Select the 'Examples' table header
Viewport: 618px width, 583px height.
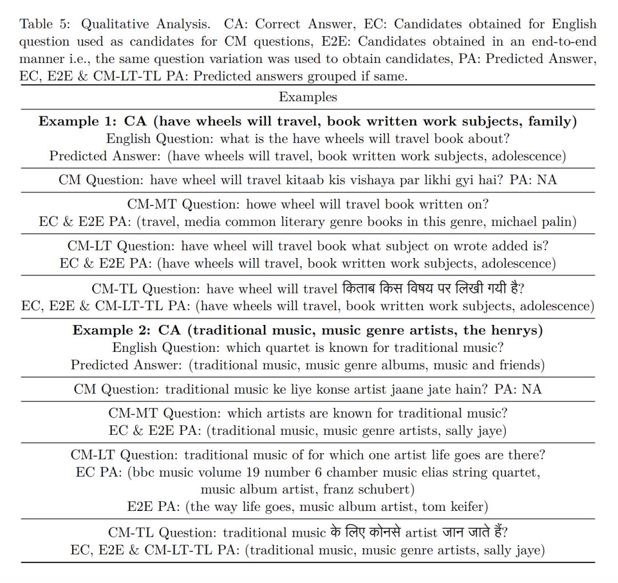coord(308,97)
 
